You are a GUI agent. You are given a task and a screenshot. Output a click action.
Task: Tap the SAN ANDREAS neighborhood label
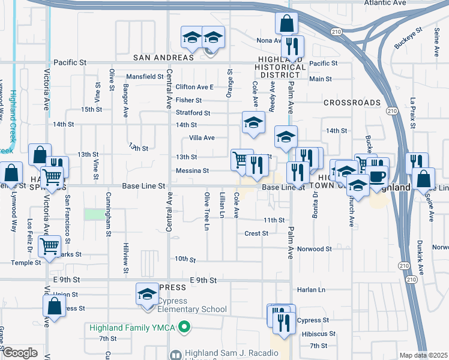click(x=163, y=58)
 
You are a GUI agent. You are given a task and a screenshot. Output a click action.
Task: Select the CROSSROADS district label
click(x=352, y=103)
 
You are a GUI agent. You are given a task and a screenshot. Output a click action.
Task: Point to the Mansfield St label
click(x=145, y=77)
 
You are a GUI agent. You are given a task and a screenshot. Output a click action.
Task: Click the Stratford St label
click(x=193, y=113)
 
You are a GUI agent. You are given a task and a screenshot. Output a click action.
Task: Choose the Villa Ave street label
click(x=202, y=138)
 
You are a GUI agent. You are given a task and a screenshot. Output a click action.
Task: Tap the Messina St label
click(x=192, y=171)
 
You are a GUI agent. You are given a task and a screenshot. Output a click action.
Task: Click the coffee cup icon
click(x=378, y=176)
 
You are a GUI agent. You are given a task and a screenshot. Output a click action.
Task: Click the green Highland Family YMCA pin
click(x=185, y=328)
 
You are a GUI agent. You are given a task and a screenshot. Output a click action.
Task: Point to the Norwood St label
click(x=315, y=249)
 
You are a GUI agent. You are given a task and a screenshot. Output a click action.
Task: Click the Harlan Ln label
click(x=313, y=290)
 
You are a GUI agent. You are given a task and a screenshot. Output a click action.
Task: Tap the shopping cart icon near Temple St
click(x=49, y=245)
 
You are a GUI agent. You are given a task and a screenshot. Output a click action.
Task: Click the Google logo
click(x=20, y=353)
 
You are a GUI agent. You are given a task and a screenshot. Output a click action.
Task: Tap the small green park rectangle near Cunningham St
click(x=94, y=214)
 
